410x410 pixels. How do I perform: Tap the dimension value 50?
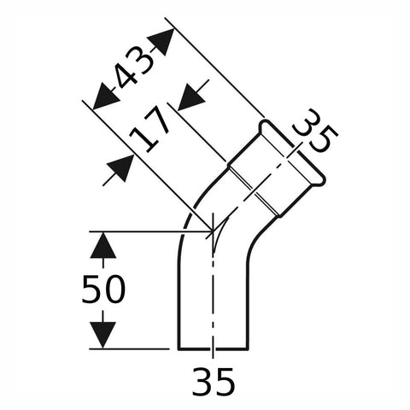tap(103, 289)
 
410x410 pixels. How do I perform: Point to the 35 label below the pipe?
tap(214, 381)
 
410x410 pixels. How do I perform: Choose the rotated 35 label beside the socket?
tap(316, 131)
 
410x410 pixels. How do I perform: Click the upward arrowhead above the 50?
tap(103, 245)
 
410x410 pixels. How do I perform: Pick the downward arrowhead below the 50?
tap(103, 335)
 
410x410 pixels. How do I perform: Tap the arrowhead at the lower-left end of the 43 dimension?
tap(106, 97)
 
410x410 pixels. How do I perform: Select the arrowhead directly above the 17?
tap(191, 97)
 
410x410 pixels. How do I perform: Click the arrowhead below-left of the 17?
tap(120, 168)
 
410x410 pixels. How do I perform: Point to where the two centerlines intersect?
tap(213, 231)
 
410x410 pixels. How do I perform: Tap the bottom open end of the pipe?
tap(214, 348)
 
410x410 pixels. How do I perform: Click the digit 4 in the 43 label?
tap(126, 76)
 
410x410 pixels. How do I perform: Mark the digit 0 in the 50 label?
tap(114, 289)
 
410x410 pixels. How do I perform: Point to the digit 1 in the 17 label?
tap(142, 139)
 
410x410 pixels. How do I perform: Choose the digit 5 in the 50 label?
tap(91, 289)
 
